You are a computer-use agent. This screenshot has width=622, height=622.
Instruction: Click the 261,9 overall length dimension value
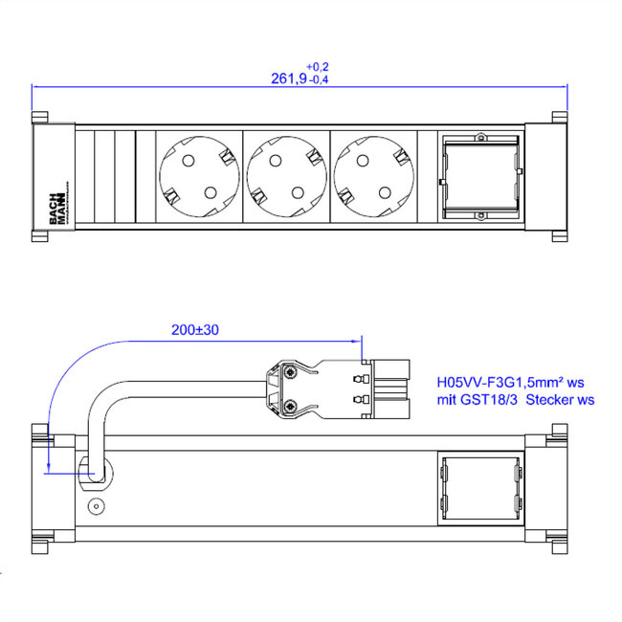pos(288,80)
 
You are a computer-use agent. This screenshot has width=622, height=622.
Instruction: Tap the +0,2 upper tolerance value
pos(319,66)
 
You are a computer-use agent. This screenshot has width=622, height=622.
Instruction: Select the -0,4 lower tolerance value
pos(319,81)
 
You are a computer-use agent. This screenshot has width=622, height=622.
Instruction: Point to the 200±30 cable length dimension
pos(195,329)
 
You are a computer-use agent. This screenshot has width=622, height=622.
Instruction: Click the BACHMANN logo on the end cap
pos(56,207)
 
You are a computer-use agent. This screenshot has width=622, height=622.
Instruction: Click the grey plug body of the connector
pos(388,389)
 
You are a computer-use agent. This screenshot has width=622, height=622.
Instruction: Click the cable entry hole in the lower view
pos(96,472)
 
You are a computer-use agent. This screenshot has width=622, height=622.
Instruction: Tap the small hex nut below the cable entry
pos(95,505)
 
